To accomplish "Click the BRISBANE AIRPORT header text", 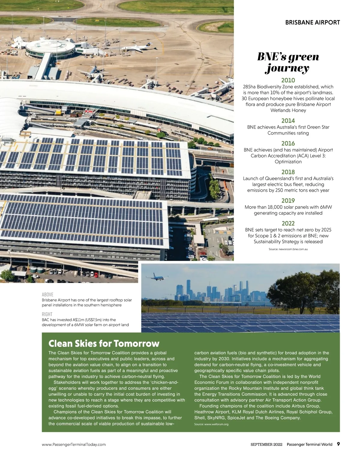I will pos(312,22).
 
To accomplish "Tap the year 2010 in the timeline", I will pos(288,80).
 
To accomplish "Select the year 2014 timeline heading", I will pos(288,121).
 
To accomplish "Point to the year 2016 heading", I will pos(288,144).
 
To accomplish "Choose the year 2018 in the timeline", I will pos(288,172).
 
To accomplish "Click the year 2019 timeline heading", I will pos(288,201).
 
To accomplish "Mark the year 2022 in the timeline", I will pos(288,224).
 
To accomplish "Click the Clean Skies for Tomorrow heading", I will pos(104,343).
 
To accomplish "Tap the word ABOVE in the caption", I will pos(47,295).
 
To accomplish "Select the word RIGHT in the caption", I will pos(47,314).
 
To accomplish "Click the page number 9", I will pos(338,444).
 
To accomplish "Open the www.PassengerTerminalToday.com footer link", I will pos(74,444).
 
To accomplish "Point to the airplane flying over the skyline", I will pos(157,277).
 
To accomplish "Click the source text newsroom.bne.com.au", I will pos(288,249).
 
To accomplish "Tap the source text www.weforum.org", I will pos(211,424).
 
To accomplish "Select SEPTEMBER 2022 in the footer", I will pos(266,444).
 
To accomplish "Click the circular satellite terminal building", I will pos(49,48).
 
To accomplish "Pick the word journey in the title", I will pos(287,68).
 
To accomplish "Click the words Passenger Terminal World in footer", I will pos(309,444).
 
